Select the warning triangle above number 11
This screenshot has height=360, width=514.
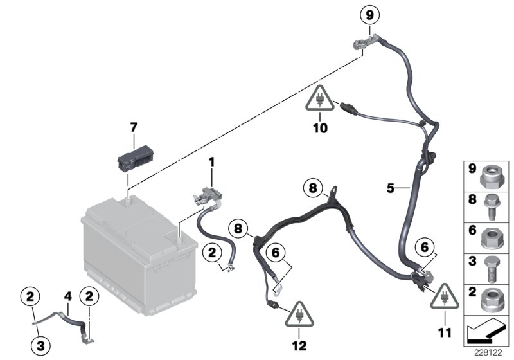tap(444, 297)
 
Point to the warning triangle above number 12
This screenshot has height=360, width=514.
tap(299, 313)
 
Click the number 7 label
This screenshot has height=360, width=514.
tap(134, 127)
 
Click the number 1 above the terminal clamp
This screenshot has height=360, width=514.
tap(212, 165)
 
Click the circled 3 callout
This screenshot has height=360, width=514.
tap(41, 346)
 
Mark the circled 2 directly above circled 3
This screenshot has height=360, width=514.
tap(33, 297)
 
